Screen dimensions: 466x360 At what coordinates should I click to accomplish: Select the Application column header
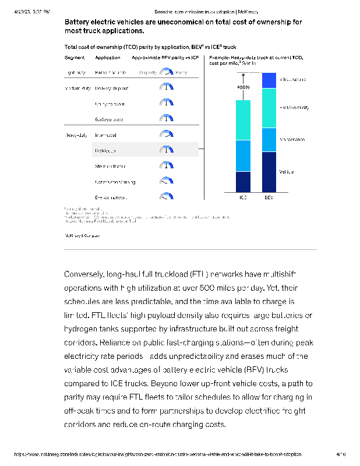coord(107,58)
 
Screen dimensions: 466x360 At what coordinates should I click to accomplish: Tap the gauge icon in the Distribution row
coord(167,150)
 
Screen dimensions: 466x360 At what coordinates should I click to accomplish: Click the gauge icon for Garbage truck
coord(167,119)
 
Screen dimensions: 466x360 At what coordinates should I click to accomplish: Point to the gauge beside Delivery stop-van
coord(167,88)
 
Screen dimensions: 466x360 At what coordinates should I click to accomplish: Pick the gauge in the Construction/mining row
coord(167,181)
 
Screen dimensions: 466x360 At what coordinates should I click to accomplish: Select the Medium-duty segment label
coord(76,89)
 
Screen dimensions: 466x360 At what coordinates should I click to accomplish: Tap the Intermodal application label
coord(105,135)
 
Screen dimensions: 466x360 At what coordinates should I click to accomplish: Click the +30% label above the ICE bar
coord(243,87)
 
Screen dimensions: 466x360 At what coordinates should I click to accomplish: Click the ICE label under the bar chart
coord(243,197)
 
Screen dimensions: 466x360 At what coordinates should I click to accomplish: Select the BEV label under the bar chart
coord(269,197)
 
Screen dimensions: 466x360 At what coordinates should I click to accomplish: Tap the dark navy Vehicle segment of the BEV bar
coord(269,172)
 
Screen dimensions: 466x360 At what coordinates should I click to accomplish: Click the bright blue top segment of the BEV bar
coord(269,80)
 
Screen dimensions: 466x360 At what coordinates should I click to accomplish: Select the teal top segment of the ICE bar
coord(243,120)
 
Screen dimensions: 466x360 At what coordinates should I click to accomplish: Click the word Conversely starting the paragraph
coord(85,273)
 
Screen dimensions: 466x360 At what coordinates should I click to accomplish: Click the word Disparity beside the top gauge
coord(148,73)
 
